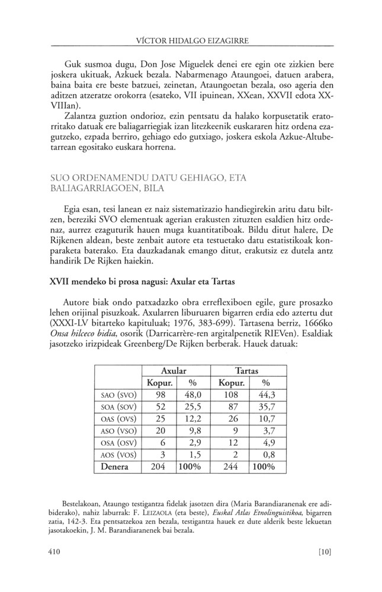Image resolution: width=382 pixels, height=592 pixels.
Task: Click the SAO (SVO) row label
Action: click(117, 394)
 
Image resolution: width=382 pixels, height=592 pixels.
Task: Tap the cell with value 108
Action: click(229, 394)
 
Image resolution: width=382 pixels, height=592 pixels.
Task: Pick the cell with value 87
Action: click(229, 406)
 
